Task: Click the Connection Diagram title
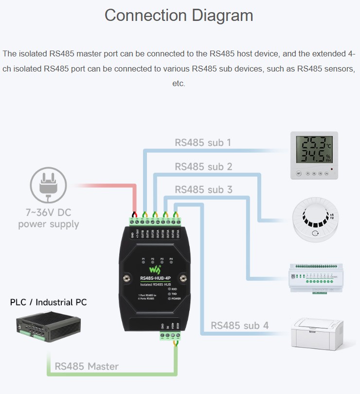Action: (179, 15)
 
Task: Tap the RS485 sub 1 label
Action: (203, 143)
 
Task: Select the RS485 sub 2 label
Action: (203, 166)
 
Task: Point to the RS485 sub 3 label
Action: (203, 189)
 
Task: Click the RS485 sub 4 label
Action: (239, 325)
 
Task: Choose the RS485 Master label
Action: (87, 366)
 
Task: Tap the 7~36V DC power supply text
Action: (49, 218)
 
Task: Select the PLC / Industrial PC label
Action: (48, 302)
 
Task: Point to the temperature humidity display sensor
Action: (314, 155)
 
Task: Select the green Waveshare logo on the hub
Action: (154, 269)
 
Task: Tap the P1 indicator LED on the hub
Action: (143, 263)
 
